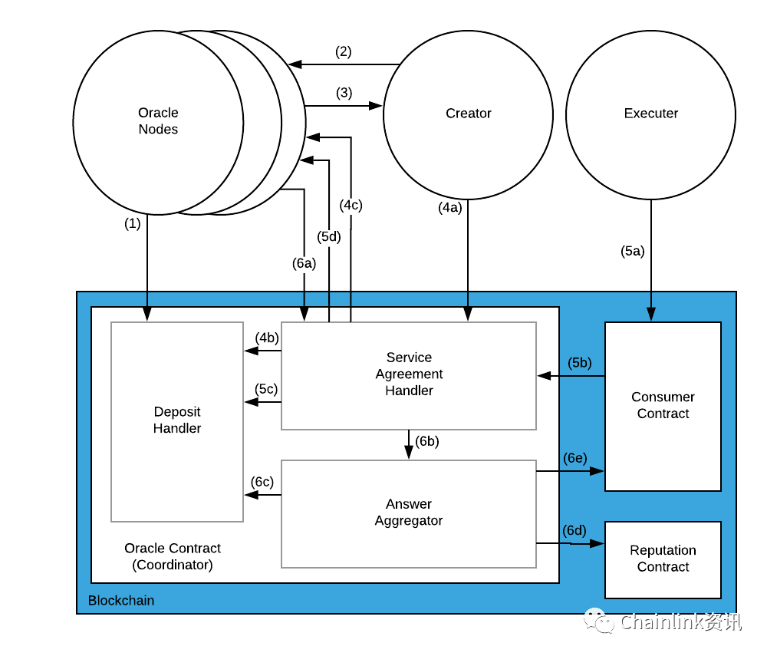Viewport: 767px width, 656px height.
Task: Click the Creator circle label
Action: coord(468,114)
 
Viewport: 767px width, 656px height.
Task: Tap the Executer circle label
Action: coord(650,114)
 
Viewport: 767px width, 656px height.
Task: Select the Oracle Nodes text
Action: coord(158,120)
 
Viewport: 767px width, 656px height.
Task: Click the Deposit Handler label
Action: coord(177,420)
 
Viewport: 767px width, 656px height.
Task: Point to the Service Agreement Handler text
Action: coord(409,374)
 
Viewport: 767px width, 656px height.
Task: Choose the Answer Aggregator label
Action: coord(409,513)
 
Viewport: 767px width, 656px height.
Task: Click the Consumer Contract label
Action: coord(663,405)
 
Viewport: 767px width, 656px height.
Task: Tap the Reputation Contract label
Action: coord(663,558)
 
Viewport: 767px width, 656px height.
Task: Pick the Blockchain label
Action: coord(121,600)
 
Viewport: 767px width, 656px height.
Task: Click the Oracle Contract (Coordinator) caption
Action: coord(172,556)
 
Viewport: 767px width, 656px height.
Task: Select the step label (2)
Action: coord(343,51)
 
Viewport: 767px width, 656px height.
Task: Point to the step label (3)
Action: coord(344,93)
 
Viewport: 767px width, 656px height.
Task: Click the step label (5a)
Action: coord(633,251)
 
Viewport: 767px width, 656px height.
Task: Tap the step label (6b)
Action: coord(427,441)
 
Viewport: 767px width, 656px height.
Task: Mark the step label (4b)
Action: coord(267,338)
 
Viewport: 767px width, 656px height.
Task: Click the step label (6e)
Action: coord(574,458)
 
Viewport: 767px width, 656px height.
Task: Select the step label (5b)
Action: coord(580,362)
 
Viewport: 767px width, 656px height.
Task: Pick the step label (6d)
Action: coord(574,530)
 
